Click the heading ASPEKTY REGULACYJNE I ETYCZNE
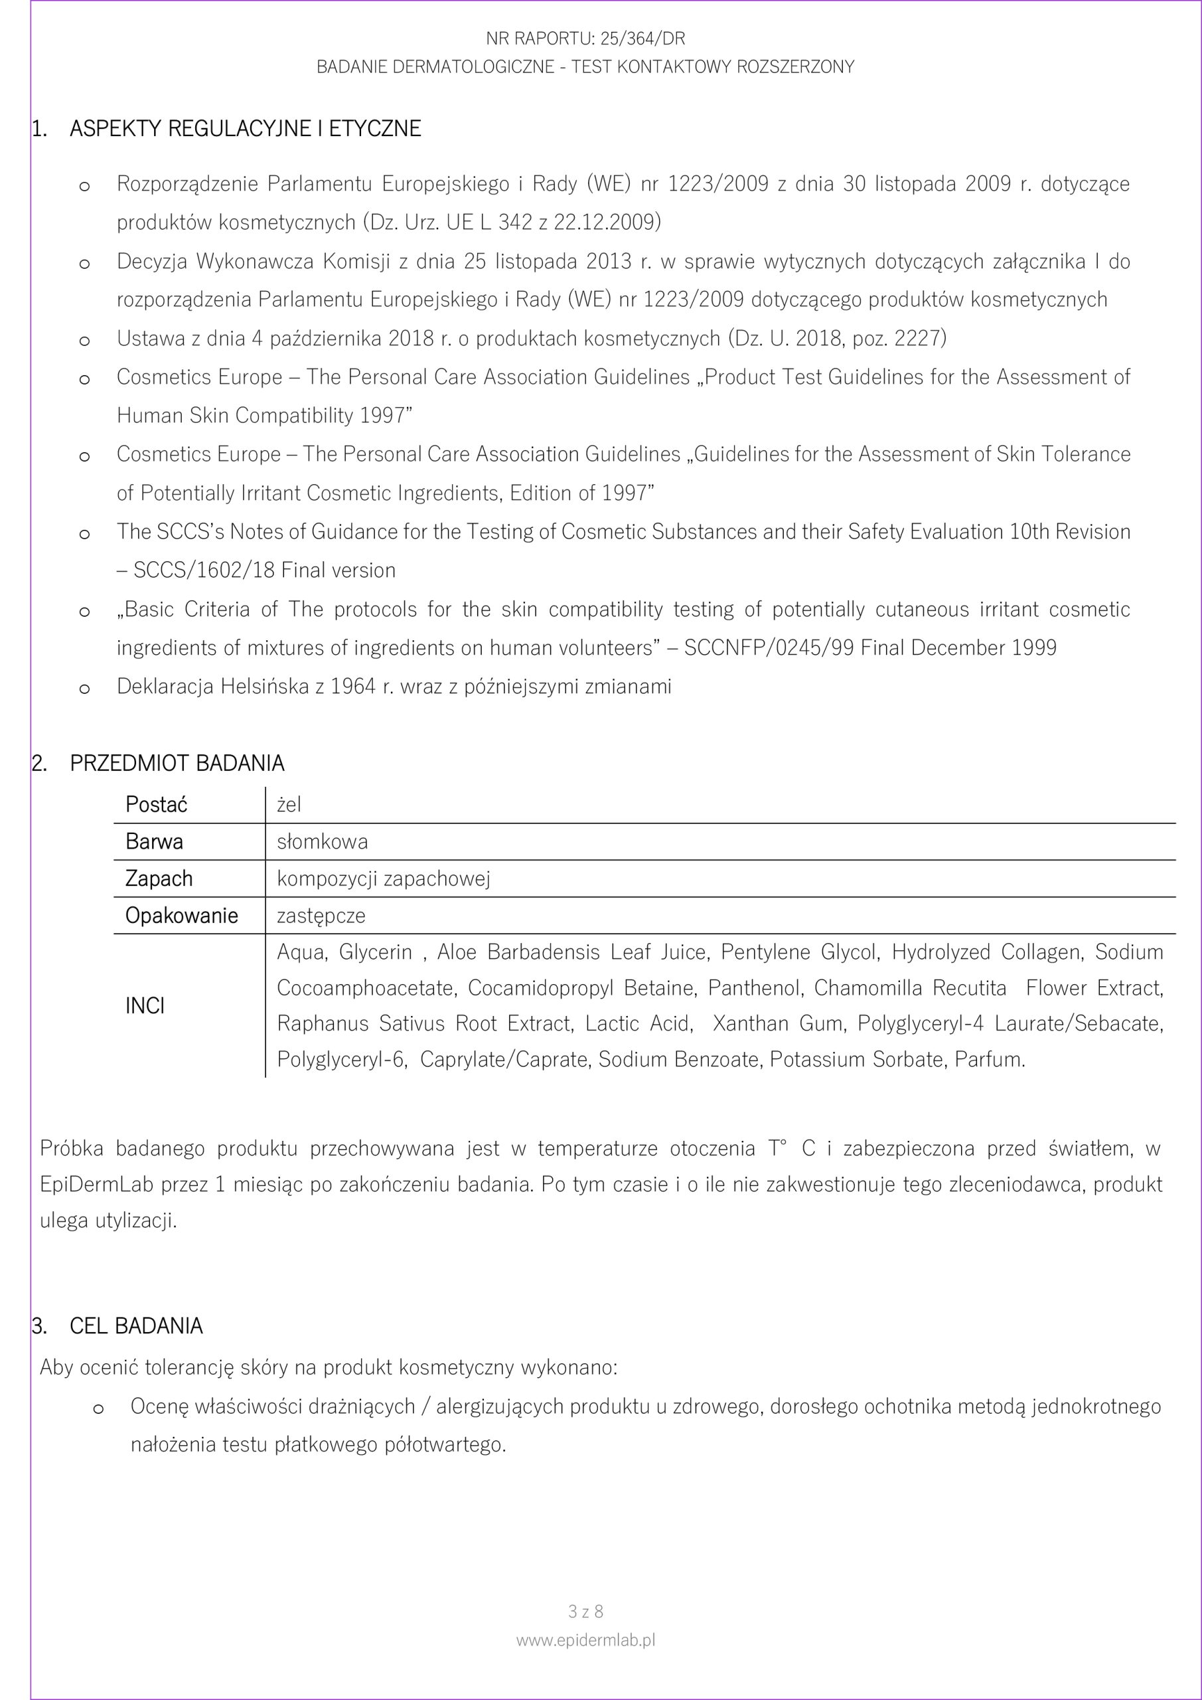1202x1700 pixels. pos(245,129)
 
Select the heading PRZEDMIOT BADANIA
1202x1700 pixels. pos(177,764)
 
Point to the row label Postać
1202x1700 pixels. pos(156,805)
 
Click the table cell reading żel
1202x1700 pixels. pos(289,805)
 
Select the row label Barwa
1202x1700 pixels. pos(154,842)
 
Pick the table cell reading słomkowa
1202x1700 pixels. pos(322,842)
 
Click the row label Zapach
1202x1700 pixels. pos(159,879)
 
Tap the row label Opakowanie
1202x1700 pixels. pos(181,916)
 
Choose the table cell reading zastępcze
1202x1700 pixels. pos(321,916)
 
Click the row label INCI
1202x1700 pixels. pos(145,1005)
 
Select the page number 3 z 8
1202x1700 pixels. pos(585,1611)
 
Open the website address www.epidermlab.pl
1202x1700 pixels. pos(585,1640)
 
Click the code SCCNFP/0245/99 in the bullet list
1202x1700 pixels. pos(769,648)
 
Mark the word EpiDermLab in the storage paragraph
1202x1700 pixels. pos(96,1185)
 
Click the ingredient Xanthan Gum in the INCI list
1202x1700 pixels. pos(777,1023)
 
